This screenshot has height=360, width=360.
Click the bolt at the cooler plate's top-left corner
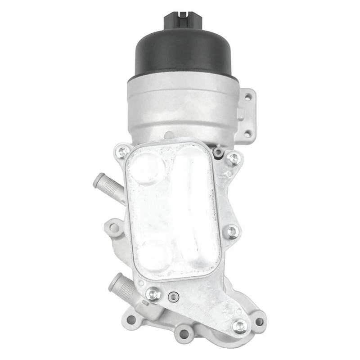click(x=122, y=152)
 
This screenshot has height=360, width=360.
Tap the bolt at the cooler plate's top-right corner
click(x=233, y=158)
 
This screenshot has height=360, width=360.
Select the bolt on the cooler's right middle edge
click(x=232, y=232)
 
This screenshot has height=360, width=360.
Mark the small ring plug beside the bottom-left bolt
click(x=172, y=297)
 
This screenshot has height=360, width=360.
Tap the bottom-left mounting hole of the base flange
click(x=131, y=319)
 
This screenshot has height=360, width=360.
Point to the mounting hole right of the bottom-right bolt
click(x=259, y=322)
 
